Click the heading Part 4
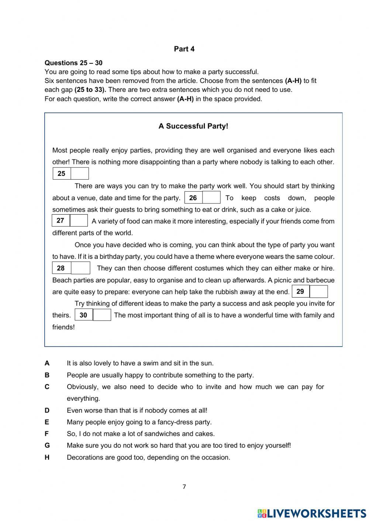click(184, 49)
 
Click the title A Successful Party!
click(193, 126)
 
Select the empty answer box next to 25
click(80, 174)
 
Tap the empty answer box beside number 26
click(211, 198)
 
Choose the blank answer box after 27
click(79, 220)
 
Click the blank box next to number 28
click(80, 268)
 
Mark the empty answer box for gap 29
click(318, 292)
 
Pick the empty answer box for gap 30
click(102, 315)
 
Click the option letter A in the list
click(47, 363)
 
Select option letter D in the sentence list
click(47, 410)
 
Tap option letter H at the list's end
click(47, 458)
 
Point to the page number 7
click(184, 487)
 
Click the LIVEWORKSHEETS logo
click(311, 513)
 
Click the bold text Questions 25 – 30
click(73, 63)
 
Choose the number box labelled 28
click(61, 268)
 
